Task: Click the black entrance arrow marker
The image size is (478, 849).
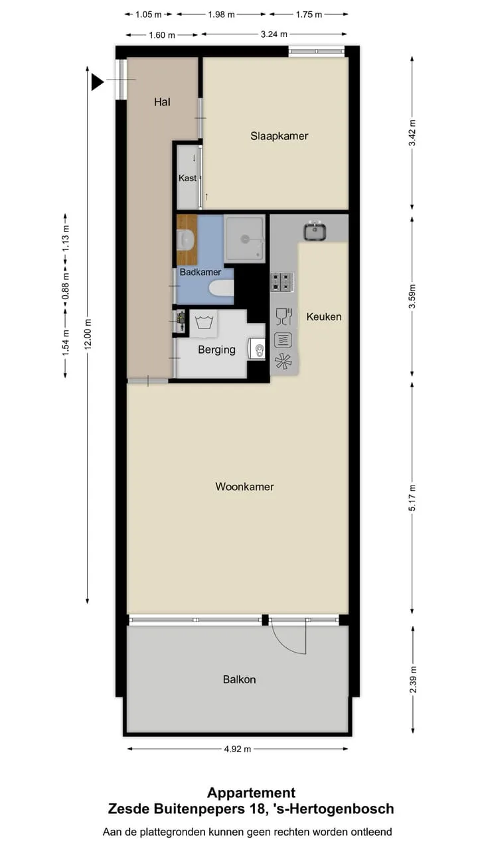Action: coord(97,82)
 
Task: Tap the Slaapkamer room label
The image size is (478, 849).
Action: coord(279,136)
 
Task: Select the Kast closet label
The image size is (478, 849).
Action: coord(187,178)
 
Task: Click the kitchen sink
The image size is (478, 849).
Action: coord(315,231)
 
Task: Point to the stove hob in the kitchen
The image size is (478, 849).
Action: coord(281,283)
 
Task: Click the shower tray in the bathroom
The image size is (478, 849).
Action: coord(244,239)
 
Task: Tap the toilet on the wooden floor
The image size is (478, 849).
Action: coord(187,239)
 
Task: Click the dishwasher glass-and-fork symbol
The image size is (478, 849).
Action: coord(284,316)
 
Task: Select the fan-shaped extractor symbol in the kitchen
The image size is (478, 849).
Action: coord(283,361)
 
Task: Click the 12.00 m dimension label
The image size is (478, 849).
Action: coord(88,334)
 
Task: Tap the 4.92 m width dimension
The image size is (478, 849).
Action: coord(238,749)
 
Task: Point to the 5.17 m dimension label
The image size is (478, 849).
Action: coord(412,497)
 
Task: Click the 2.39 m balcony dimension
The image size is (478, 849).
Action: coord(413,680)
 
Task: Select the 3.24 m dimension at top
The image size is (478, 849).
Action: coord(274,34)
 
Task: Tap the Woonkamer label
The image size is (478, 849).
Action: coord(245,487)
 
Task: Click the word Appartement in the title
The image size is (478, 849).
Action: coord(251,793)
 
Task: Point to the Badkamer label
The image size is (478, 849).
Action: coord(200,272)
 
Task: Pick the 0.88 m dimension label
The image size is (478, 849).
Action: coord(66,286)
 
